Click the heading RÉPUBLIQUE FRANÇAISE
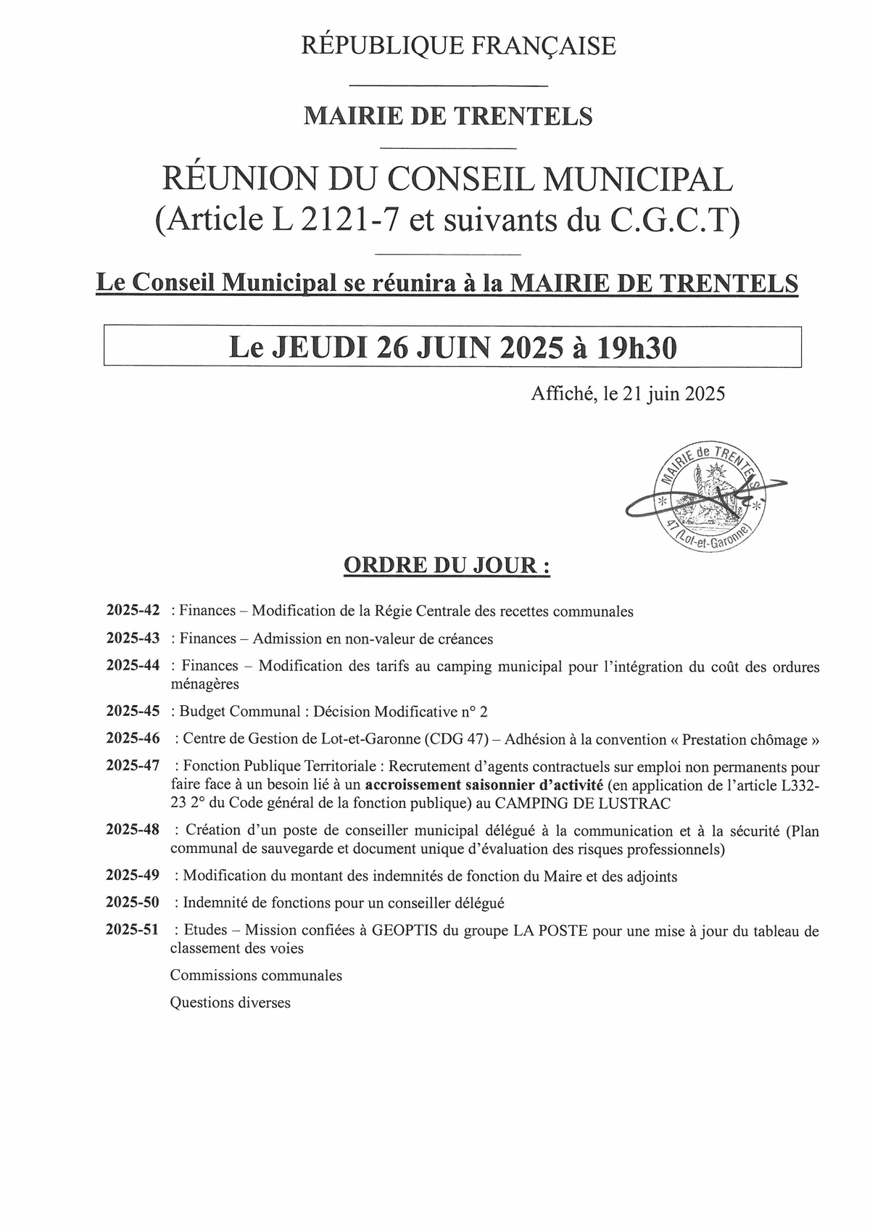(458, 46)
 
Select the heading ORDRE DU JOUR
(447, 566)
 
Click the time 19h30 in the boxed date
(637, 348)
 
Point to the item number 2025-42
(133, 611)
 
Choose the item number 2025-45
(133, 711)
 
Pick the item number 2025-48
(133, 830)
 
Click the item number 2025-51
(133, 930)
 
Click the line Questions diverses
(231, 1002)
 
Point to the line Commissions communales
(256, 975)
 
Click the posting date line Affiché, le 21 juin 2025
(628, 394)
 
